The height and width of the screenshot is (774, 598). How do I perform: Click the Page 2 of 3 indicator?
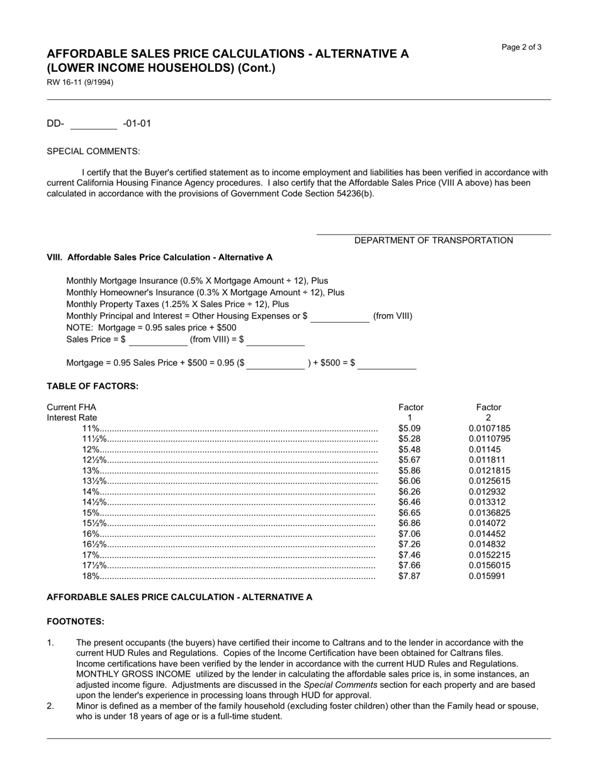click(521, 47)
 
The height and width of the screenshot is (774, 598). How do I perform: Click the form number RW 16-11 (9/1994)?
click(80, 82)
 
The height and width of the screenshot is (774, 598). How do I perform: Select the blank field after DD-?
click(93, 123)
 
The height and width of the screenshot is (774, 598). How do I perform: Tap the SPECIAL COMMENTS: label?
click(93, 151)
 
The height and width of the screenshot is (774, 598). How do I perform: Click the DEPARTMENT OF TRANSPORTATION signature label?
click(433, 240)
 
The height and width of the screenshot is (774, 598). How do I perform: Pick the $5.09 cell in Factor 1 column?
click(409, 429)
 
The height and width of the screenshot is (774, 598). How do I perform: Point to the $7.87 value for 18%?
click(409, 576)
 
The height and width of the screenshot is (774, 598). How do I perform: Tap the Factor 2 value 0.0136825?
click(489, 513)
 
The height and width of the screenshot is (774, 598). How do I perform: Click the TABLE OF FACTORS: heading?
click(92, 386)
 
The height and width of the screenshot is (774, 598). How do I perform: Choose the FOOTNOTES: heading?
click(76, 622)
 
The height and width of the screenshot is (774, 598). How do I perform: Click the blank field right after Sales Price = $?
click(158, 340)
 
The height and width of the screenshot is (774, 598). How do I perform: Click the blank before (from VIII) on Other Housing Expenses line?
click(339, 317)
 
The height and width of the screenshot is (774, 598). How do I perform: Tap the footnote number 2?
click(50, 706)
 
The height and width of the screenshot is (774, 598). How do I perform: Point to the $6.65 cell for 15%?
click(409, 513)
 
